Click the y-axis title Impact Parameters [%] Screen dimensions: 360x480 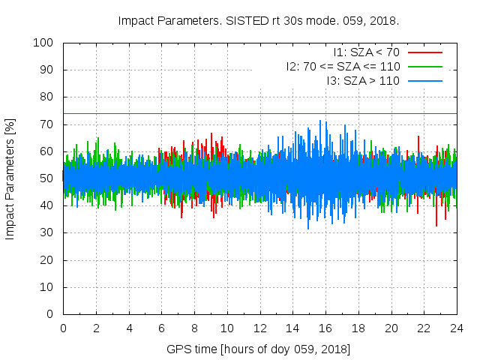click(x=10, y=178)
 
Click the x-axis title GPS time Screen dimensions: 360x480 click(x=259, y=349)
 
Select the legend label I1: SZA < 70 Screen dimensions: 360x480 click(x=366, y=52)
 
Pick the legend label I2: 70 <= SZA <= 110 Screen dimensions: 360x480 click(x=343, y=66)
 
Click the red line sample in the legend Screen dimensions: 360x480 click(x=424, y=52)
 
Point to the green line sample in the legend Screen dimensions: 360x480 click(x=424, y=66)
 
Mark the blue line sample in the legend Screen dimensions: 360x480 click(x=424, y=80)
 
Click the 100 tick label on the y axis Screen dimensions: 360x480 click(x=46, y=43)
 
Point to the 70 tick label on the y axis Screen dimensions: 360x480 click(x=49, y=124)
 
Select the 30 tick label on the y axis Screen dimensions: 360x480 click(x=49, y=233)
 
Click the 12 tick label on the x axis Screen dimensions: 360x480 click(x=260, y=328)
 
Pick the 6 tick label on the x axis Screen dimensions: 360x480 click(x=161, y=328)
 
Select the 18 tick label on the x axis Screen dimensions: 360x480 click(x=358, y=328)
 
